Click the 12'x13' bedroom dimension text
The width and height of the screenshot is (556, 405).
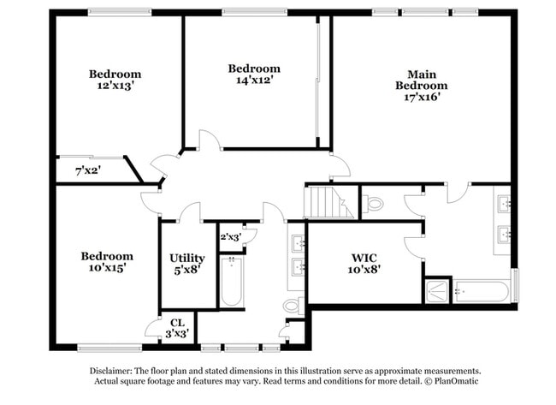115,86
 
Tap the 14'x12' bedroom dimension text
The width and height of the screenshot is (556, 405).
253,80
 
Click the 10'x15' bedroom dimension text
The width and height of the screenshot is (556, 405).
107,268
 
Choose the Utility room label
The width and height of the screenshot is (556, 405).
186,258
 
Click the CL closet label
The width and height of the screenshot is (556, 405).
177,323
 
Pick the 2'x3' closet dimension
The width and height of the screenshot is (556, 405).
229,237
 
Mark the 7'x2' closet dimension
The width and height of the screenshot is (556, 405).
88,170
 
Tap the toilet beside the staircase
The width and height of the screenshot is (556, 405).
374,204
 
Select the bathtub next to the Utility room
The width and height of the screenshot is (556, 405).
232,283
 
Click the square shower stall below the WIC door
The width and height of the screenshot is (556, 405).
437,289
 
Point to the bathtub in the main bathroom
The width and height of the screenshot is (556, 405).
481,291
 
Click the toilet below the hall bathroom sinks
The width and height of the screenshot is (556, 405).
293,305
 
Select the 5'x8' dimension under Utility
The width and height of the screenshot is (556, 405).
186,270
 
